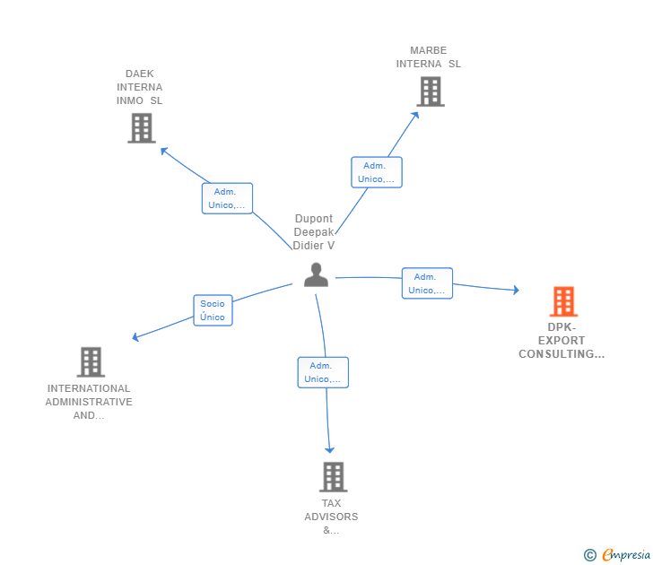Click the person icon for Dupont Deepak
click(x=316, y=274)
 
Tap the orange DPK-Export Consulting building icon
click(x=563, y=301)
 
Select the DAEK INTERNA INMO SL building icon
click(x=141, y=128)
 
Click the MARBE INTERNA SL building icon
click(x=430, y=91)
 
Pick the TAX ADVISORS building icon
click(x=333, y=477)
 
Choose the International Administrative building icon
click(x=91, y=362)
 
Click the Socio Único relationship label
click(x=213, y=310)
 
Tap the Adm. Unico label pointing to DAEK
click(x=227, y=198)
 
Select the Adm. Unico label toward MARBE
click(x=376, y=172)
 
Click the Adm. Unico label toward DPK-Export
click(x=427, y=283)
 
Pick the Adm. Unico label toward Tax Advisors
click(x=323, y=372)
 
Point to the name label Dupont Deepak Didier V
click(x=314, y=232)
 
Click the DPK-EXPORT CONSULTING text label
click(x=562, y=341)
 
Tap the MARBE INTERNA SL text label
click(x=429, y=57)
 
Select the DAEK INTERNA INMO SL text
click(x=140, y=87)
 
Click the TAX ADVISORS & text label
click(x=331, y=517)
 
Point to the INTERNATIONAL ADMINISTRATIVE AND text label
click(x=90, y=402)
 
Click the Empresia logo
click(x=625, y=555)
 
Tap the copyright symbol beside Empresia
click(x=589, y=555)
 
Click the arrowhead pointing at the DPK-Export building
click(x=516, y=290)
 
